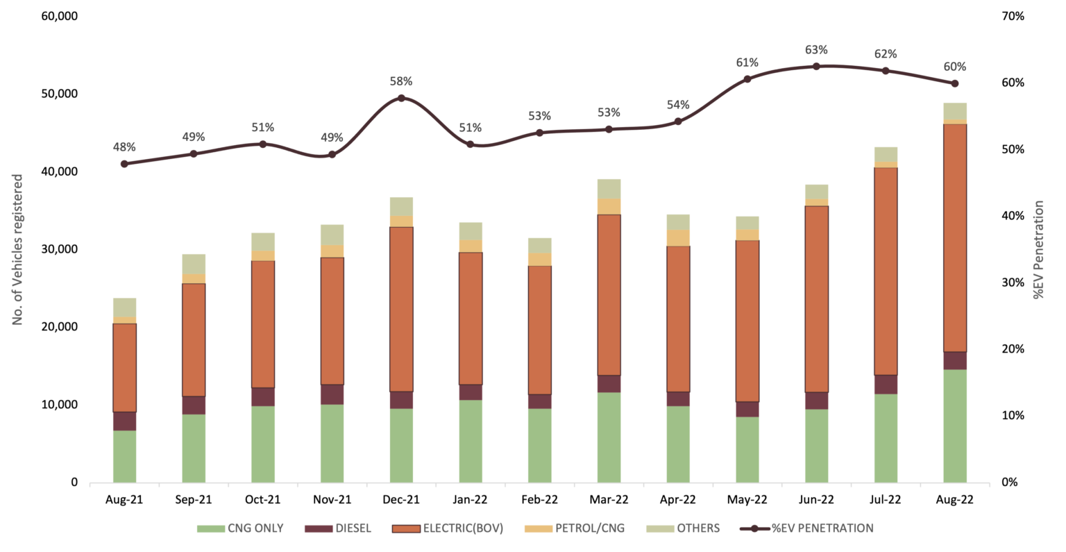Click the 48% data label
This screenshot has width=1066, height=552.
click(x=124, y=147)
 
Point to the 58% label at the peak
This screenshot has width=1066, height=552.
click(x=401, y=81)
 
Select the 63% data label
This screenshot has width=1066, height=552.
click(x=816, y=50)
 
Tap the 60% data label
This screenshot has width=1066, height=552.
click(x=955, y=67)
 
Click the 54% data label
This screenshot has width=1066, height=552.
click(x=678, y=105)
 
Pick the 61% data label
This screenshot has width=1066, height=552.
click(x=747, y=62)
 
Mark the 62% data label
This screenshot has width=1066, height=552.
click(x=886, y=54)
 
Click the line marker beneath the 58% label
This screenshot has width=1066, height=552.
click(x=401, y=99)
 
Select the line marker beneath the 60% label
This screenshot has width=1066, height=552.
click(x=955, y=84)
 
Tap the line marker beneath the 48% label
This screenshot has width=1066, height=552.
click(x=124, y=164)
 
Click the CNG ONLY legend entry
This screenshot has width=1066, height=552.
click(x=240, y=528)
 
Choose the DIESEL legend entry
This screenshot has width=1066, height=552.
click(x=338, y=528)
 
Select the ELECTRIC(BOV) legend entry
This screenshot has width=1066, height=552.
click(x=448, y=528)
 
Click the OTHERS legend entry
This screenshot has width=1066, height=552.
click(x=683, y=528)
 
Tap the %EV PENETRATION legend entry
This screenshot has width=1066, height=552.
click(x=807, y=528)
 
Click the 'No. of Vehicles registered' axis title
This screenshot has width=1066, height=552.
click(x=18, y=249)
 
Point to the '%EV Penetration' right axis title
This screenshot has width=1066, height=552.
click(x=1038, y=249)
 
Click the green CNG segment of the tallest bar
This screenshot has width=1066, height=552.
click(x=955, y=426)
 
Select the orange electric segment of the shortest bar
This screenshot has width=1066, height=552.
click(x=124, y=368)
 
